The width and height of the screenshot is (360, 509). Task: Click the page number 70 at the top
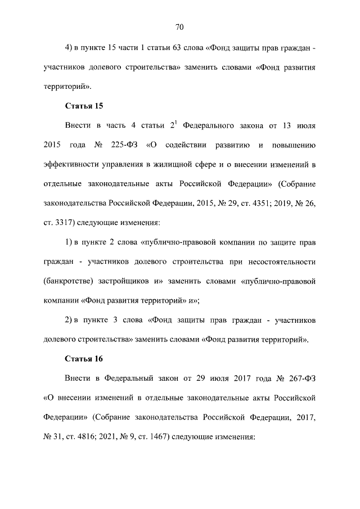click(x=180, y=27)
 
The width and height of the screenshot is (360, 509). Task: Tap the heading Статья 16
click(x=84, y=358)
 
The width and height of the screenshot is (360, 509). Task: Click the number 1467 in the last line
click(x=157, y=436)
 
